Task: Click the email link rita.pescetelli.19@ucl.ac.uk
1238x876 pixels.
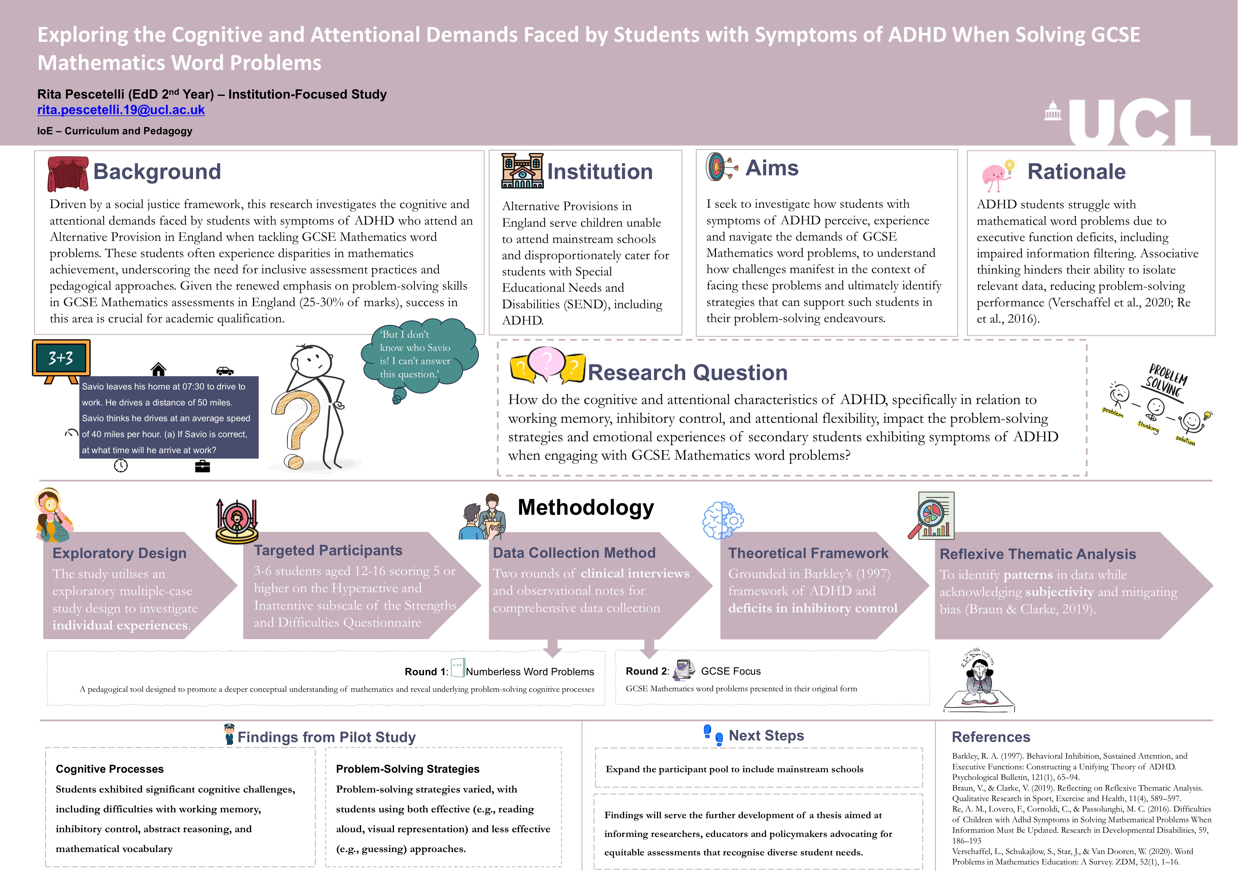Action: pyautogui.click(x=121, y=110)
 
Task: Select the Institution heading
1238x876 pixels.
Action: pyautogui.click(x=600, y=171)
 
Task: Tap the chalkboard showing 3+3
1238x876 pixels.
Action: pyautogui.click(x=61, y=358)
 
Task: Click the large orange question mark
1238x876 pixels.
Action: pyautogui.click(x=297, y=426)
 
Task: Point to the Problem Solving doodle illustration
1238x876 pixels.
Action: pyautogui.click(x=1159, y=405)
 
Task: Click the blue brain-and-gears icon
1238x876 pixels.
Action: pyautogui.click(x=723, y=520)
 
